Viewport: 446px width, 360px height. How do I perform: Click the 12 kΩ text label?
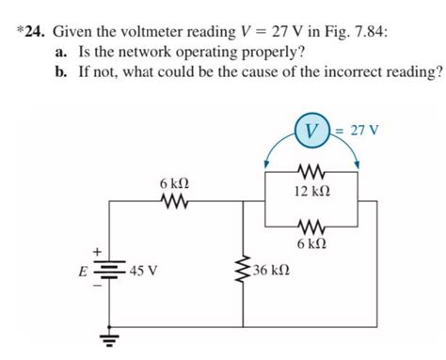(312, 192)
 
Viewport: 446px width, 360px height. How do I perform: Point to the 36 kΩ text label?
(272, 272)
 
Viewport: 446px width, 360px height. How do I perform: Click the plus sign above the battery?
(94, 253)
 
